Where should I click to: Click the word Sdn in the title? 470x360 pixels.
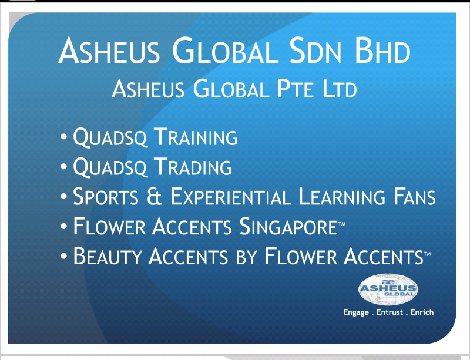click(315, 51)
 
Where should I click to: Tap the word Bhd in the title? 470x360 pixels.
click(382, 51)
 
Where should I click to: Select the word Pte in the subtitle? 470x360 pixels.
click(296, 89)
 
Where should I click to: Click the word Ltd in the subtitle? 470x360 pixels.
click(340, 89)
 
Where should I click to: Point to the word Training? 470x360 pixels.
click(196, 137)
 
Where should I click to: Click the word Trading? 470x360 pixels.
click(193, 166)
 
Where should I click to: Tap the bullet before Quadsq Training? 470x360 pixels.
click(63, 137)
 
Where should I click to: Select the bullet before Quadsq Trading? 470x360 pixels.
click(63, 166)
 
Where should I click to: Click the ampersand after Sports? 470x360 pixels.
click(155, 196)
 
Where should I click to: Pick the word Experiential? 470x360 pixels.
click(231, 196)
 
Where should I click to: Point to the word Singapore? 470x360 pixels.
click(288, 226)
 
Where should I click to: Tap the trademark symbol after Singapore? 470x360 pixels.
click(342, 224)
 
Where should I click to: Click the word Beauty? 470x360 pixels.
click(107, 255)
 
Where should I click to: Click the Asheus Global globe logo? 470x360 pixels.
click(388, 289)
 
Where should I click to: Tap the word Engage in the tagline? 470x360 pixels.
click(356, 312)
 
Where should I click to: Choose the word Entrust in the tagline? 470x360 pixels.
click(390, 312)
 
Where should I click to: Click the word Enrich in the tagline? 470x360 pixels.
click(422, 312)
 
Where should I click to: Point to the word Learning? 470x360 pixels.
click(342, 196)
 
